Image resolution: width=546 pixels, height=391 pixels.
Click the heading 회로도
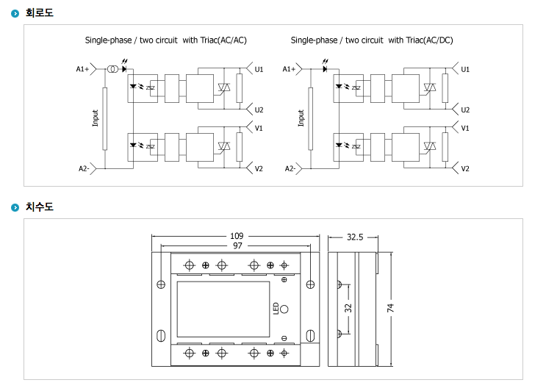(x=40, y=12)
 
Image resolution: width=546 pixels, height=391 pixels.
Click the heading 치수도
(x=40, y=207)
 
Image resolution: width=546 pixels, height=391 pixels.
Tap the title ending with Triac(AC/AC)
(x=170, y=40)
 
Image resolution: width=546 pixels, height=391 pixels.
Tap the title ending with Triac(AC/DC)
(x=372, y=40)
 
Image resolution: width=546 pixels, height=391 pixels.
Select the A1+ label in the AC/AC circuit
(x=82, y=69)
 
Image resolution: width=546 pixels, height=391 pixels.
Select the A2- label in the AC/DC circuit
(x=290, y=169)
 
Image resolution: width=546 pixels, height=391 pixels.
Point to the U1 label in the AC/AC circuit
(x=259, y=69)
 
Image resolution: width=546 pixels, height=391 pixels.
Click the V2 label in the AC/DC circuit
(x=464, y=169)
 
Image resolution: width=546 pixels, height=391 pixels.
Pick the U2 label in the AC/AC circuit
(x=259, y=110)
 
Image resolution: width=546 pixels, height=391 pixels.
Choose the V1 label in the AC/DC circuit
(x=464, y=128)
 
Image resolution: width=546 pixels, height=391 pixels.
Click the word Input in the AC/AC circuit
(x=96, y=118)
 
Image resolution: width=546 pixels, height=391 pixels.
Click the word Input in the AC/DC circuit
(x=301, y=118)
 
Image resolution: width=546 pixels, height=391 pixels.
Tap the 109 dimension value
(x=237, y=237)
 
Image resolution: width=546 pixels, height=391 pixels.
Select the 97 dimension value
(x=237, y=245)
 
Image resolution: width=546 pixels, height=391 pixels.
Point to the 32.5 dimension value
(x=356, y=237)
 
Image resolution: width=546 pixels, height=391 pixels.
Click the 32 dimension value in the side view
(x=349, y=308)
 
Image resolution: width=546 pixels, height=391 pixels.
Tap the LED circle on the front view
(x=284, y=308)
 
